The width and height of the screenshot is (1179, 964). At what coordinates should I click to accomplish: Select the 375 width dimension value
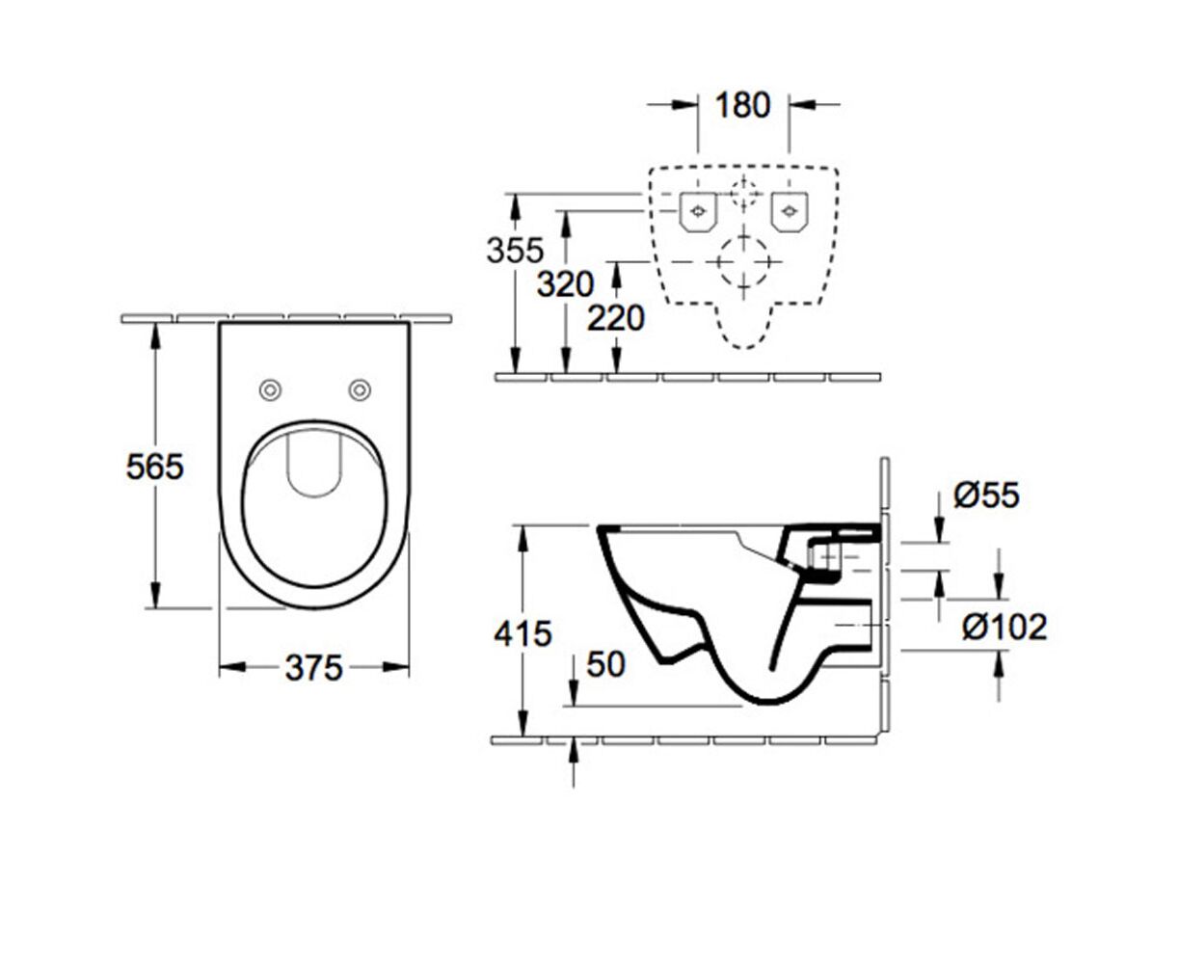pos(313,668)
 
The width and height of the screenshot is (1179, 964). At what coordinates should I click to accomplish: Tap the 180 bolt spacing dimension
pos(743,105)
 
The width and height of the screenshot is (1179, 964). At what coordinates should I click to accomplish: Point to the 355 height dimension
pos(515,250)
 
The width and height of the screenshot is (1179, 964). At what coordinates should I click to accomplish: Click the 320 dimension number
pos(565,284)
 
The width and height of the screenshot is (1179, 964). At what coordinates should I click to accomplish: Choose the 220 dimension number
pos(615,319)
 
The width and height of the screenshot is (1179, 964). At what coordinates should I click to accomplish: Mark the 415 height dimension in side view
pos(523,633)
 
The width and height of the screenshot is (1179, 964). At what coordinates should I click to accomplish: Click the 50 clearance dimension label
pos(605,664)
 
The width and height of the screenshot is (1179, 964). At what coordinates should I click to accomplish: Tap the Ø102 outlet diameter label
pos(1004,627)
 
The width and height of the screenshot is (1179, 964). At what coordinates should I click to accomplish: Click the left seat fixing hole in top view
pos(271,389)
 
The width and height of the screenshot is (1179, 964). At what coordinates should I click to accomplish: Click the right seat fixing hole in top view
pos(360,389)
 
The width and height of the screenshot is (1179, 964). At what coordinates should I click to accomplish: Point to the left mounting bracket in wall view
pos(698,212)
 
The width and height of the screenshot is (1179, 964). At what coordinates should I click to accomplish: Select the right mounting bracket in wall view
pos(790,212)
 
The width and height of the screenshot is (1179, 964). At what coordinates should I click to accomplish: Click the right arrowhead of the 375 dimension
pos(395,667)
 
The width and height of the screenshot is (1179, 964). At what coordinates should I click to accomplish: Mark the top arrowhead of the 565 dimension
pos(155,336)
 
